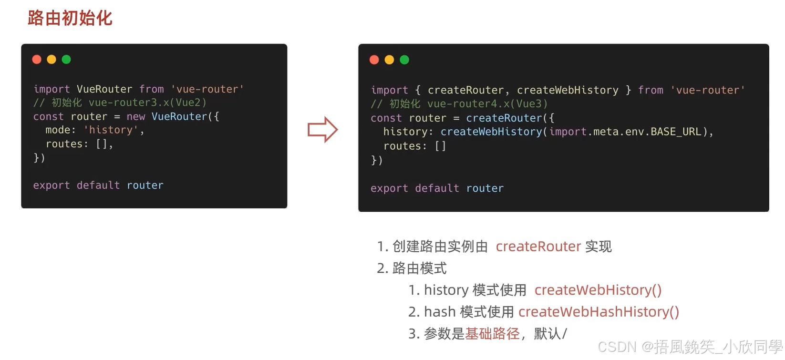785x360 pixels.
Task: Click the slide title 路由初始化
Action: click(x=70, y=18)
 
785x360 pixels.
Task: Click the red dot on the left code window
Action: click(x=37, y=59)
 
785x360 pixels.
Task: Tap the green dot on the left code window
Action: click(x=66, y=59)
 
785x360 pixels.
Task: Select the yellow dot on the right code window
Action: click(x=389, y=60)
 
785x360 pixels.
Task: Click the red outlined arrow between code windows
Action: click(x=323, y=129)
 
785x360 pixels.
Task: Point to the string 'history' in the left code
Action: click(x=111, y=130)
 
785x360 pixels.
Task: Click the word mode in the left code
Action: click(x=58, y=130)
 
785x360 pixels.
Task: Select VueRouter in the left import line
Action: click(x=104, y=89)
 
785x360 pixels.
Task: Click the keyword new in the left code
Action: click(x=135, y=116)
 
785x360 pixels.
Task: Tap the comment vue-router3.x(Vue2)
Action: click(x=147, y=103)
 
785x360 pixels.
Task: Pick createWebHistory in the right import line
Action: click(x=568, y=90)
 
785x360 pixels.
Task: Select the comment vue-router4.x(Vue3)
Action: click(x=487, y=104)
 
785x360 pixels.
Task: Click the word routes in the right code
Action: click(x=402, y=146)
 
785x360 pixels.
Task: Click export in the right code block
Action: click(x=389, y=188)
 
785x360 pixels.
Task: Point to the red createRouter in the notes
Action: click(x=538, y=247)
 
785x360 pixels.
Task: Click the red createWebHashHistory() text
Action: click(x=599, y=312)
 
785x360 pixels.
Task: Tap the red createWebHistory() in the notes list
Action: click(x=598, y=290)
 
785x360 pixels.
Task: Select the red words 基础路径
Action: click(x=492, y=334)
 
